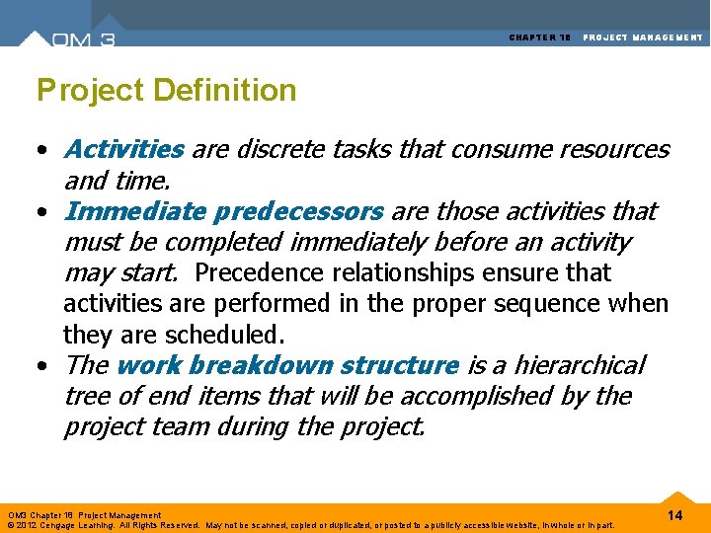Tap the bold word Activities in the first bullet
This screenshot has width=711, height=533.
[123, 150]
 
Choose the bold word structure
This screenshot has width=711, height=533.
[399, 366]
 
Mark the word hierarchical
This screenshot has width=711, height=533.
[567, 366]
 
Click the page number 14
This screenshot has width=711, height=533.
[675, 516]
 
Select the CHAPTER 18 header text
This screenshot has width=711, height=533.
[540, 38]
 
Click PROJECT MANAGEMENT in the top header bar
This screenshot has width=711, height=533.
[643, 38]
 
